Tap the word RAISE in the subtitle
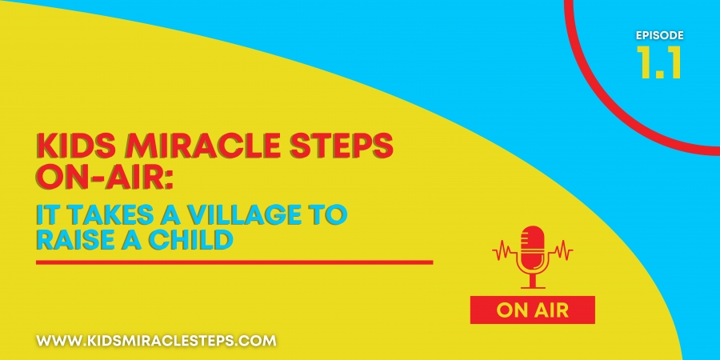point(73,240)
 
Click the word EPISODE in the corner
point(660,35)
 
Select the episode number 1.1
point(659,62)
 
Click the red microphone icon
point(533,257)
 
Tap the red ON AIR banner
point(533,310)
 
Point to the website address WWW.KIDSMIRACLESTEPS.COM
point(157,341)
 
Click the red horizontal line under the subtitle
point(234,262)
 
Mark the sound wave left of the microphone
point(505,250)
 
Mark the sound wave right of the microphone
point(560,250)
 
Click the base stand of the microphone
point(533,280)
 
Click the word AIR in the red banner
point(551,310)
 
